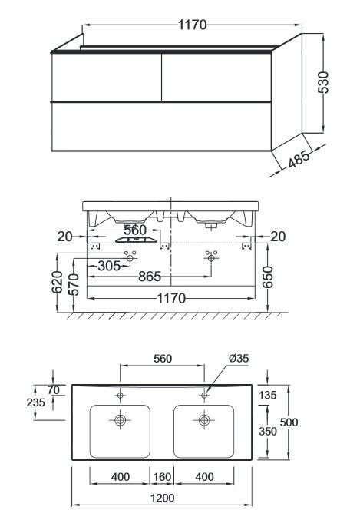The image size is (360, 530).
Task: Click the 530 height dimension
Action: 323,82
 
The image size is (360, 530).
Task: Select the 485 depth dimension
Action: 299,159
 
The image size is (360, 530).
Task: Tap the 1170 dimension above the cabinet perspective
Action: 192,25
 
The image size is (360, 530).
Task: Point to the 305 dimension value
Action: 109,266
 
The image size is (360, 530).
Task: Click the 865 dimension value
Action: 150,277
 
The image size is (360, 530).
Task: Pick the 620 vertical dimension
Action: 57,282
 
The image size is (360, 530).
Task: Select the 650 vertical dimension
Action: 267,277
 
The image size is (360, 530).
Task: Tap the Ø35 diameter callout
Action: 239,358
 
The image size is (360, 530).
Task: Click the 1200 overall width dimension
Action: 163,498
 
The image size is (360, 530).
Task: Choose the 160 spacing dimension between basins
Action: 162,477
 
